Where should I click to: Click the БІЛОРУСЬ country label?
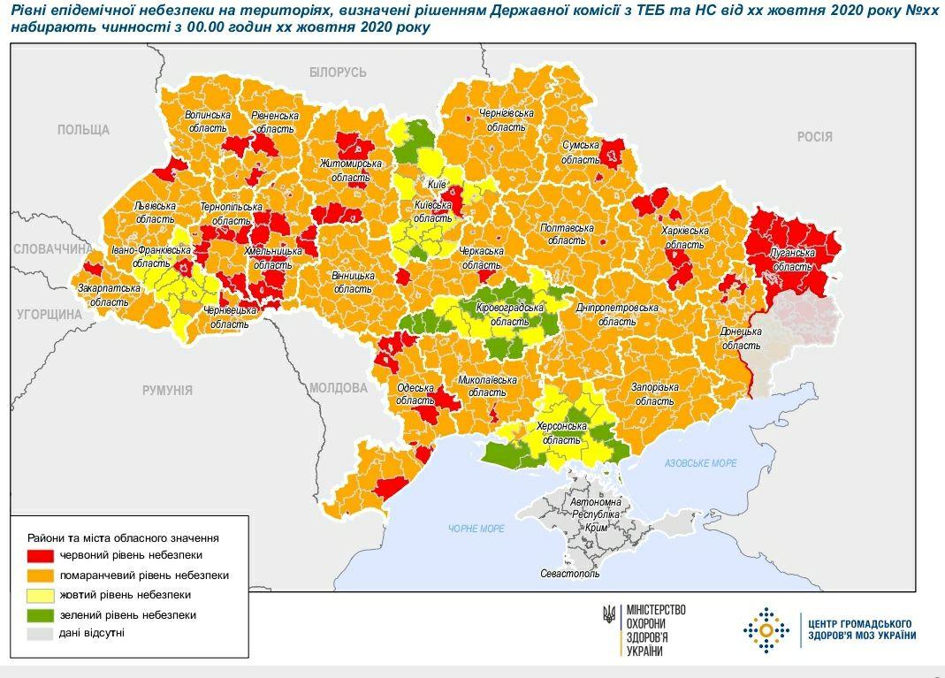(x=338, y=72)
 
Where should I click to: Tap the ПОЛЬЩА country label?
(x=83, y=130)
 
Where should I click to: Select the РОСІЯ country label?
(x=814, y=136)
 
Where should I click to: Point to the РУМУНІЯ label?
(x=167, y=390)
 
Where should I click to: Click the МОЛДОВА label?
(x=338, y=388)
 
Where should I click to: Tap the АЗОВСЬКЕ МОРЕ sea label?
(x=700, y=463)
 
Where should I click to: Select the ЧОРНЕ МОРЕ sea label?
(x=476, y=528)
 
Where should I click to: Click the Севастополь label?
(x=569, y=574)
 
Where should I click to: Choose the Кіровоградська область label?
(x=507, y=315)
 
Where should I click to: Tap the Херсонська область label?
(x=561, y=432)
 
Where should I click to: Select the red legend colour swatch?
(x=41, y=555)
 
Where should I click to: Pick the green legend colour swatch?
(x=41, y=614)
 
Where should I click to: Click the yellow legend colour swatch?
(x=41, y=595)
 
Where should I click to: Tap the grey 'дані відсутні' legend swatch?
(x=41, y=634)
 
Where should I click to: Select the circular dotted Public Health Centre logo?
(x=766, y=629)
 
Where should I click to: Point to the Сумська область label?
(x=581, y=151)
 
